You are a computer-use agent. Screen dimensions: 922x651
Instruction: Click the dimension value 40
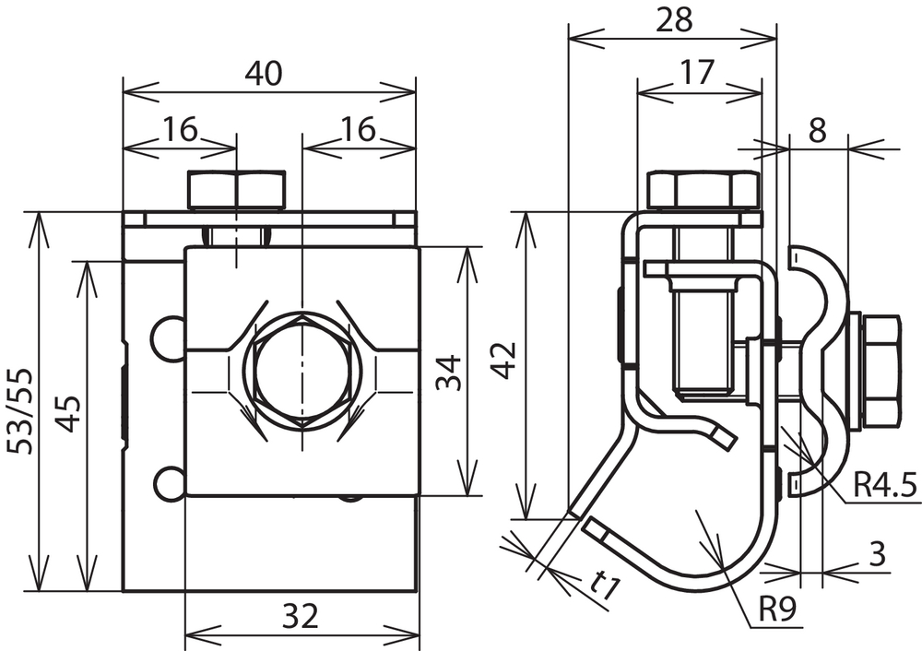(264, 74)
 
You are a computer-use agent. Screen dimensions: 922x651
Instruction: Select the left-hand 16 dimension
(180, 129)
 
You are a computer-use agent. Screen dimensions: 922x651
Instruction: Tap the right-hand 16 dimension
(358, 129)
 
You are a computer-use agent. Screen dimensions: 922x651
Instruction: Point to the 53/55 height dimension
(20, 411)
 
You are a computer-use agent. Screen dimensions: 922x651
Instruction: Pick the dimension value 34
(449, 373)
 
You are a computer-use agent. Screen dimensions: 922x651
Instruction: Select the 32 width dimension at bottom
(301, 616)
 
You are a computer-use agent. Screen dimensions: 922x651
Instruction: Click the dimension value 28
(674, 20)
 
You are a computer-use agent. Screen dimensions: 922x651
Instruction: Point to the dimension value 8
(817, 131)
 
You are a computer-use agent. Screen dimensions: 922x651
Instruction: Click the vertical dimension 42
(505, 360)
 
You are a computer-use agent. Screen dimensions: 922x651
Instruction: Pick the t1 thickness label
(605, 586)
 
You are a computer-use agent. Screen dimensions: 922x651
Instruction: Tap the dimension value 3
(877, 554)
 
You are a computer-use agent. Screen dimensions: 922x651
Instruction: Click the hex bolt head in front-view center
(302, 373)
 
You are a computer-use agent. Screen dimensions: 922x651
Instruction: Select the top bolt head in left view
(236, 191)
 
